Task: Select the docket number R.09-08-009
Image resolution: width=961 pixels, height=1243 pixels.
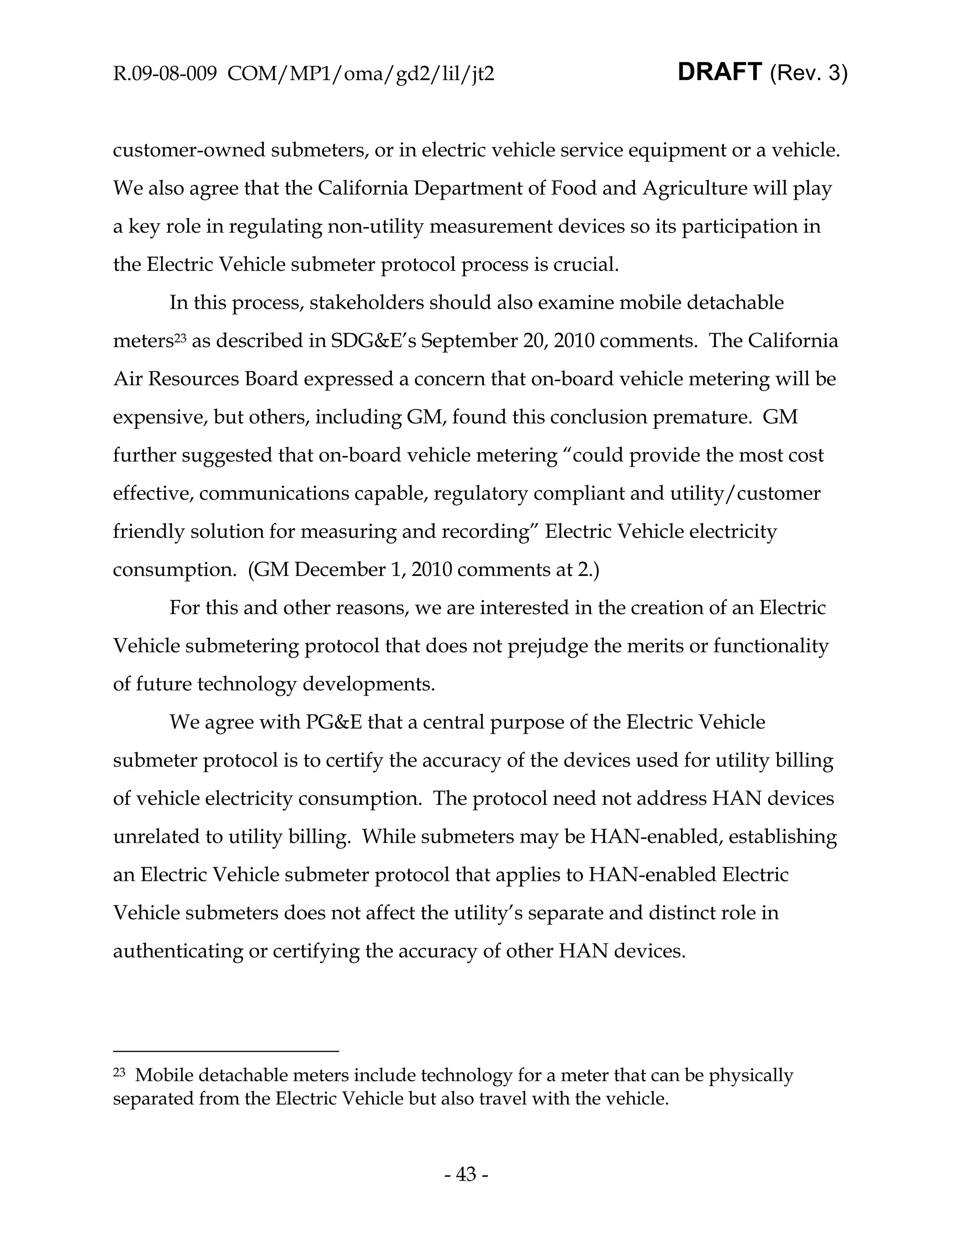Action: click(165, 74)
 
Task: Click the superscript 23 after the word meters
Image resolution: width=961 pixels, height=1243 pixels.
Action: click(180, 337)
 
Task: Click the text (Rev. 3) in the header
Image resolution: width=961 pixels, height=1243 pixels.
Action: click(808, 74)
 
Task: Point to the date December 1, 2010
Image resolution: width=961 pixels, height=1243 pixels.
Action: click(372, 570)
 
